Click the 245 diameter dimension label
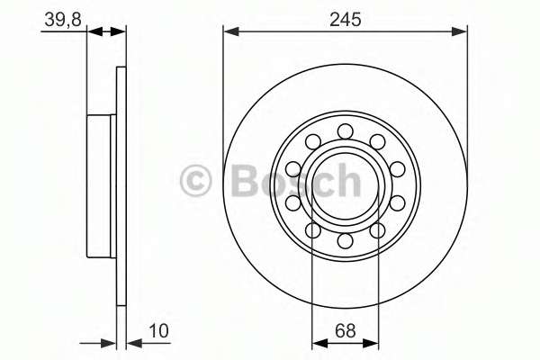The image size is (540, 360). [x=346, y=19]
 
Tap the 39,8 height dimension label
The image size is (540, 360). [x=63, y=19]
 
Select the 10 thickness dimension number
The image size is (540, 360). [x=158, y=330]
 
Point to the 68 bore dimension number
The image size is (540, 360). [x=346, y=331]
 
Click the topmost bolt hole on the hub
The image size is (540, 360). [x=345, y=131]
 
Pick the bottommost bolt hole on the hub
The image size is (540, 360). [x=345, y=240]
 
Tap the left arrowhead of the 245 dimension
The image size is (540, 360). [x=231, y=31]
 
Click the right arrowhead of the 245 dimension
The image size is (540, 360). [x=459, y=31]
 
